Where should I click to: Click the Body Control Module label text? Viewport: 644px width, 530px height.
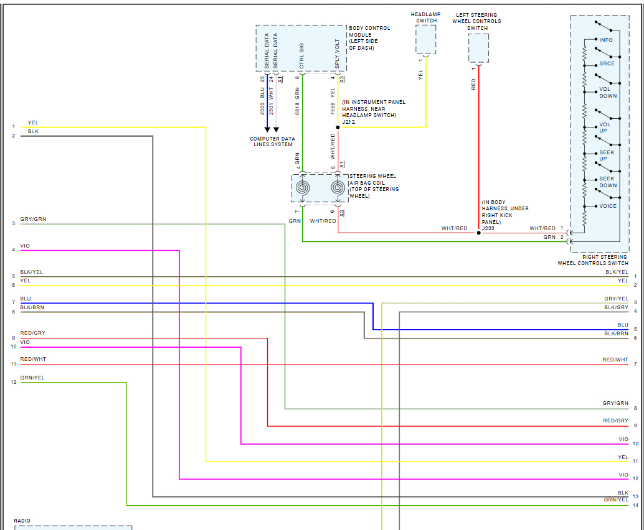369,38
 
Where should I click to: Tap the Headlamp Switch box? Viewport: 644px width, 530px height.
426,40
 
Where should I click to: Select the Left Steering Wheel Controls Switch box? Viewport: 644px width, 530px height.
478,49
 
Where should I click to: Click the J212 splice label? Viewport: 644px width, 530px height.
349,122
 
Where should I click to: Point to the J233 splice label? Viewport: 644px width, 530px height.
488,228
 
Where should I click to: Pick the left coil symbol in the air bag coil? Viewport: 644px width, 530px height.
302,187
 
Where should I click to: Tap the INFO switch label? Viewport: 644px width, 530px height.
605,40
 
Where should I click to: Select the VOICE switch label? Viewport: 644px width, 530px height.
607,206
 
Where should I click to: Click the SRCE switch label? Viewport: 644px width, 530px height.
607,64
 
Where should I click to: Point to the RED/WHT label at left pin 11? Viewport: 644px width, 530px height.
33,360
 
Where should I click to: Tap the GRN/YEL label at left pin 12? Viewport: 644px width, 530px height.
32,378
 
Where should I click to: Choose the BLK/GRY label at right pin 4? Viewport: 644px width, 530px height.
616,307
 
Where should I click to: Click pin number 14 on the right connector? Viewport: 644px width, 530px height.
635,505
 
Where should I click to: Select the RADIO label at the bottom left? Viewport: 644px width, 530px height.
22,521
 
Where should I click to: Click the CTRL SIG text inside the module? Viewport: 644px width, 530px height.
301,55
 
